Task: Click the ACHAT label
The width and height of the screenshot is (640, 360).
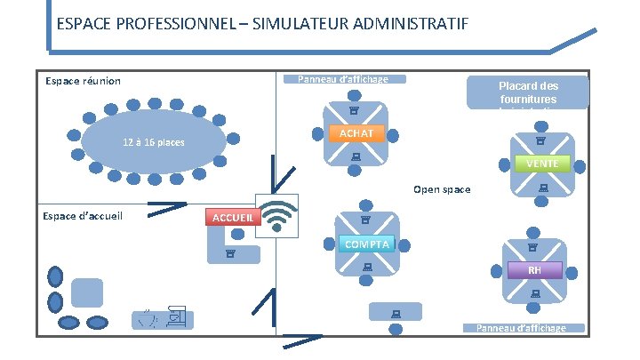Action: point(356,133)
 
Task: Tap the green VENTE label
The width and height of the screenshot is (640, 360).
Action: point(541,164)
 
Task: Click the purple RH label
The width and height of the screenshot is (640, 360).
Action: point(533,270)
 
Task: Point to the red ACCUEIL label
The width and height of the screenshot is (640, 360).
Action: point(230,218)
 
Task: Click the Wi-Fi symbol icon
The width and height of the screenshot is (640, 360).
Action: point(276,214)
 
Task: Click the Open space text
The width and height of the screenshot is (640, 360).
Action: point(442,189)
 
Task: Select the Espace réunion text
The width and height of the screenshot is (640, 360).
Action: point(83,82)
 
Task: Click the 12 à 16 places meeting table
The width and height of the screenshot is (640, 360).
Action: point(153,143)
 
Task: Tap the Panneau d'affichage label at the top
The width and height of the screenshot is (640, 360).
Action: point(342,79)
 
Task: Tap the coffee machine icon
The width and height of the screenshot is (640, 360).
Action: point(176,315)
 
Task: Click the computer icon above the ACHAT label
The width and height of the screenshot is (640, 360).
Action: point(353,111)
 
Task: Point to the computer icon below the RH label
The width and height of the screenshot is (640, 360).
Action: point(535,293)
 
